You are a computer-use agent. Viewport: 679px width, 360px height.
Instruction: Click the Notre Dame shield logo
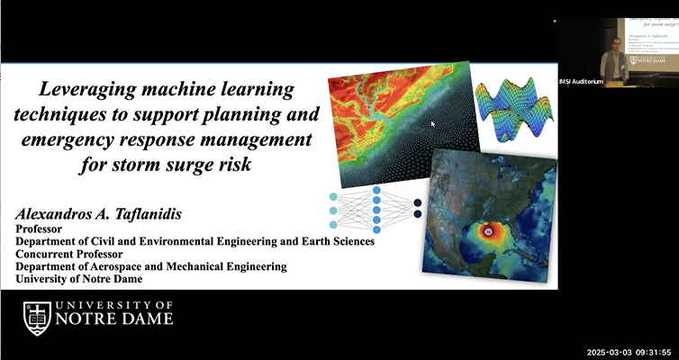(x=37, y=319)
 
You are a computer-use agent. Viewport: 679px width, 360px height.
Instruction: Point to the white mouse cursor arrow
(x=433, y=123)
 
